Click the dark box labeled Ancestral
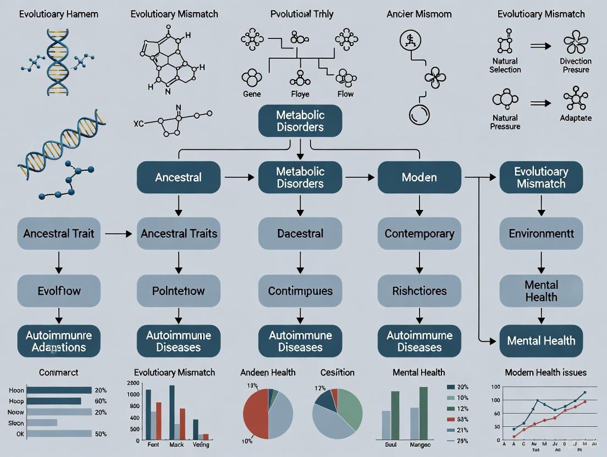coord(178,177)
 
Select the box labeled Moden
coord(419,177)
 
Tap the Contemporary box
coord(419,233)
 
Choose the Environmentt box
coord(540,233)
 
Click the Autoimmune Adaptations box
coord(59,341)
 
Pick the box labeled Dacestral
coord(300,233)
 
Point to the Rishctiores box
coord(419,291)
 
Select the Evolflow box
coord(59,291)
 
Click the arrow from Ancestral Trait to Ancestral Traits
coord(118,234)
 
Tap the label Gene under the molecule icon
coord(252,94)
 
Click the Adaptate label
coord(576,118)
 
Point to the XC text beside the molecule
coord(139,123)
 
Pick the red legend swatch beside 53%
coord(451,420)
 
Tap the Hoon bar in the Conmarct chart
coord(59,390)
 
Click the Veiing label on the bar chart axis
coord(201,444)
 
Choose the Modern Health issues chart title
coord(545,372)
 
